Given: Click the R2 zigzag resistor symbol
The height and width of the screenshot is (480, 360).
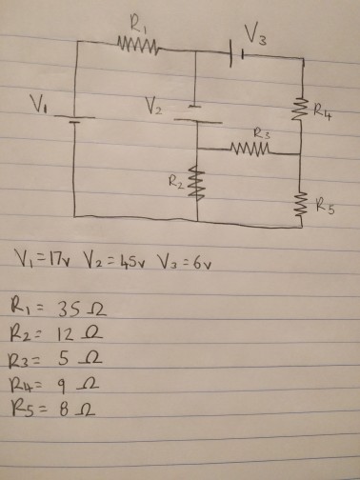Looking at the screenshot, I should click(197, 182).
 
